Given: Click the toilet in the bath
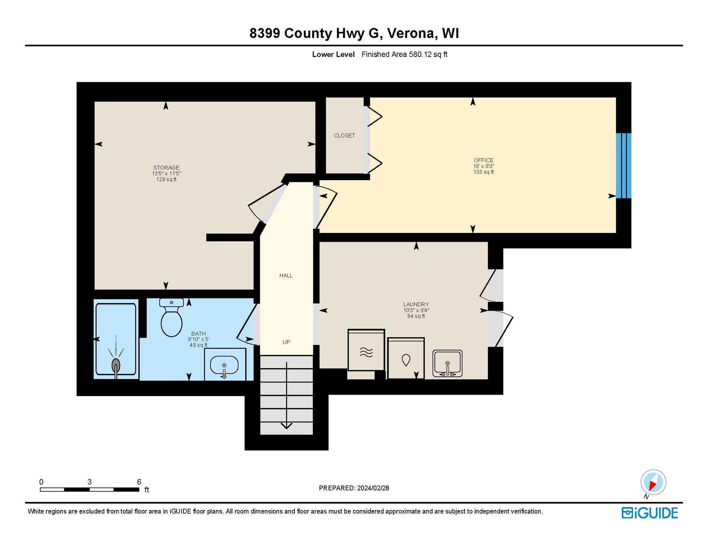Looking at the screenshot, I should pos(171,319).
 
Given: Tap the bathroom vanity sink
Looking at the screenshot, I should pos(224,365).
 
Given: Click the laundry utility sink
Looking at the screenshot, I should pos(447,363).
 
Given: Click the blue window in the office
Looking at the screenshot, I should pos(623,166).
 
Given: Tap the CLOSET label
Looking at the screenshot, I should pos(344,135).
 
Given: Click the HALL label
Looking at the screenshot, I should pos(286,275).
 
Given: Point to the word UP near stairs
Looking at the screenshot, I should pos(286,342).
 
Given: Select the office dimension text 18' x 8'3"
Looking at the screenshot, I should pos(483,166).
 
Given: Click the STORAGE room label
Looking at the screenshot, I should pos(166,167).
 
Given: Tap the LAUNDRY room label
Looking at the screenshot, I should pos(416,304).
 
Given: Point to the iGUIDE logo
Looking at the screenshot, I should pos(650,513).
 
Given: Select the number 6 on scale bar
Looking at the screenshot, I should pos(139,482).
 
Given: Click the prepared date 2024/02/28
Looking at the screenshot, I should pos(373,488).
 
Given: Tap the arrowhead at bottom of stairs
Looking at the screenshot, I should pos(286,426).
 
